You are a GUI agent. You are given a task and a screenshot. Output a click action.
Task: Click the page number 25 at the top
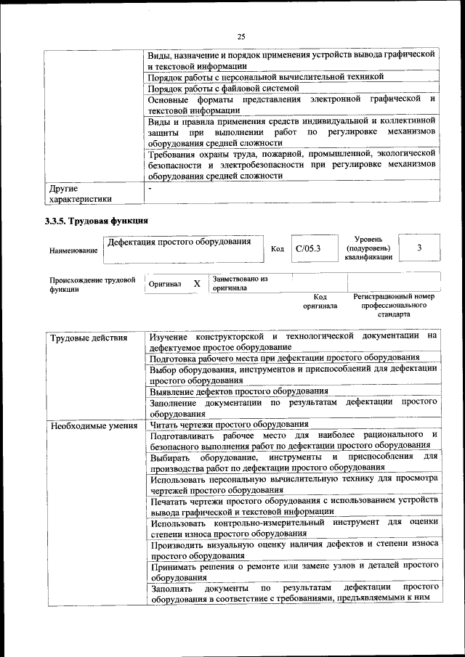point(241,37)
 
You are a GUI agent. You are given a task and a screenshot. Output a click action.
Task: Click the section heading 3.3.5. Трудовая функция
point(97,221)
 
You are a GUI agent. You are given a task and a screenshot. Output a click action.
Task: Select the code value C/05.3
point(308,249)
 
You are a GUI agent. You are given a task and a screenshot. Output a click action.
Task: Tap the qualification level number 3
point(419,248)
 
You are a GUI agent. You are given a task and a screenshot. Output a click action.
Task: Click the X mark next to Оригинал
point(197,284)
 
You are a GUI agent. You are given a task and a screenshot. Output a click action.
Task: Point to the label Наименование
point(73,250)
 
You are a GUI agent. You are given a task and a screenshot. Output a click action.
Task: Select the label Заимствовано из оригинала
point(240,283)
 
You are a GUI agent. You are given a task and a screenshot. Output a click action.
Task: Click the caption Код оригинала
point(320,301)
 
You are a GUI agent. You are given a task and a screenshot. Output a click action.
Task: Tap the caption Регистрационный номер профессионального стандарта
point(393,305)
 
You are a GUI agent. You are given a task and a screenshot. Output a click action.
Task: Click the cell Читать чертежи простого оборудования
point(229,424)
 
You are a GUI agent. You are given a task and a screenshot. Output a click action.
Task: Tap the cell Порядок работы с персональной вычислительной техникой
point(266,76)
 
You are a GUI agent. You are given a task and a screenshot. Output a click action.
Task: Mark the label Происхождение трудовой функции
point(92,283)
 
